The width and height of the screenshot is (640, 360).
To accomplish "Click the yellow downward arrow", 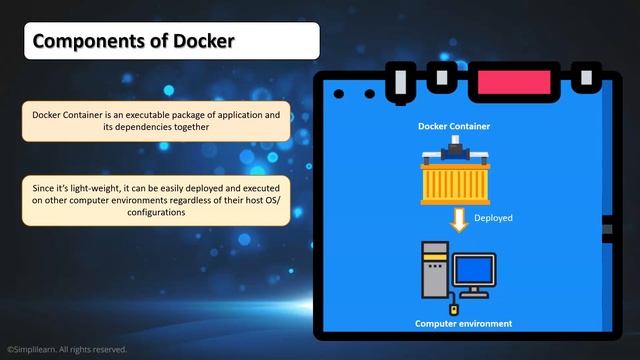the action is click(459, 219).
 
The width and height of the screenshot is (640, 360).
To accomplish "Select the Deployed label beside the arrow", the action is click(493, 217).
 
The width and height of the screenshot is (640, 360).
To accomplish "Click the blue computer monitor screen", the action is click(474, 270).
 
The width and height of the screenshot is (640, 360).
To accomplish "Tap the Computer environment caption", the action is click(463, 323).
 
